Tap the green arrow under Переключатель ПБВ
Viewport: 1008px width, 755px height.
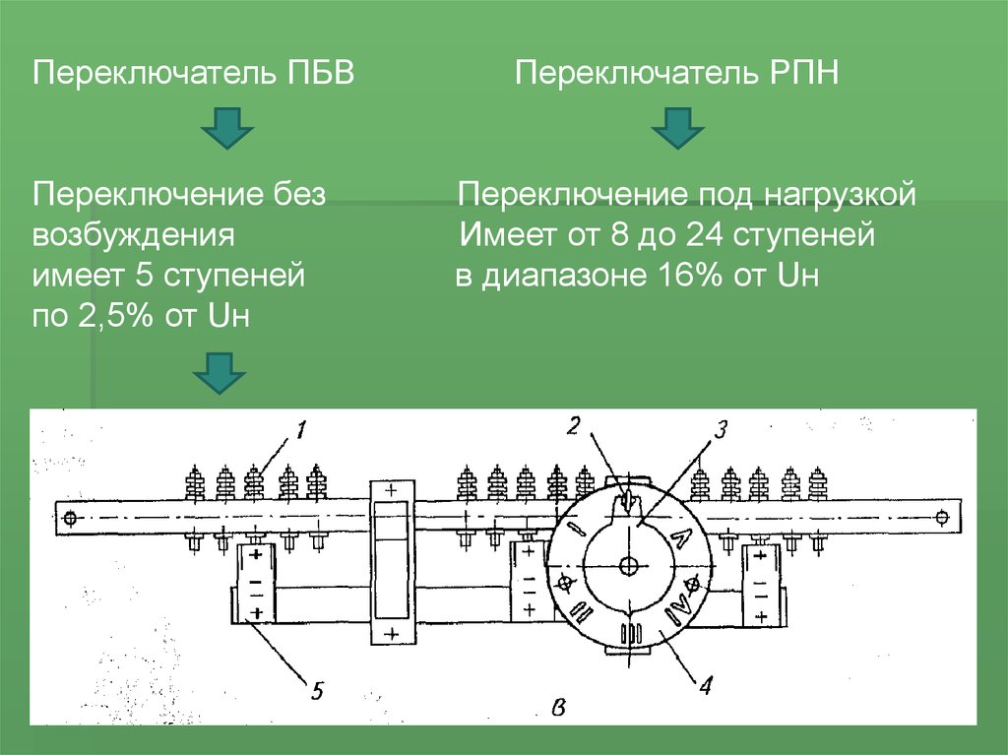[x=228, y=129]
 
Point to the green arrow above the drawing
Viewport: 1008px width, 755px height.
[x=219, y=372]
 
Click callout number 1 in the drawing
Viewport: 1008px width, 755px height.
[x=301, y=430]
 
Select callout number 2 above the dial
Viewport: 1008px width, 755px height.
[x=574, y=426]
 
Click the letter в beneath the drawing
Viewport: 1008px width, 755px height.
[x=559, y=706]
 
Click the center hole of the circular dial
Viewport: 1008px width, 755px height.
[x=630, y=565]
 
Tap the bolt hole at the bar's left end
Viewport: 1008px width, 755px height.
[x=68, y=518]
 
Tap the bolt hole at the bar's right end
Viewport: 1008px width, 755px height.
[x=942, y=517]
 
